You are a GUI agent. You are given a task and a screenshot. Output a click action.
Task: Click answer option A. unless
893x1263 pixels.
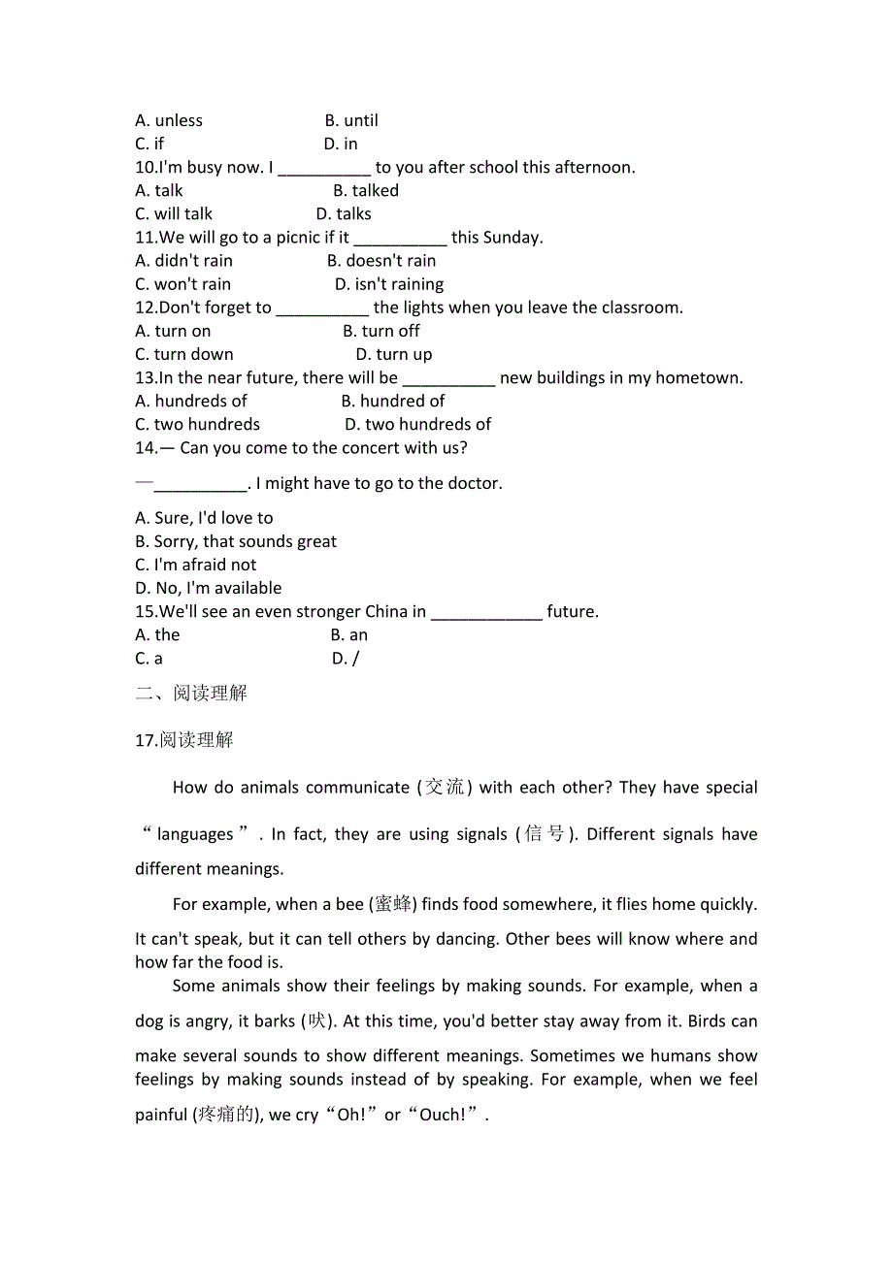tap(169, 120)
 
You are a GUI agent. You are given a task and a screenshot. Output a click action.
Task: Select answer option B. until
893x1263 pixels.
tap(351, 120)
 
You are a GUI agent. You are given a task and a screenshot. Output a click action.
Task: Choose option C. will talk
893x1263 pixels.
tap(174, 213)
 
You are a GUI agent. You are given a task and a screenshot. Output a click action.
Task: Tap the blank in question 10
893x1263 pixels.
tap(324, 168)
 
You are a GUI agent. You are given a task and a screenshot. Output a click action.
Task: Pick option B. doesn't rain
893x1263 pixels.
tap(381, 260)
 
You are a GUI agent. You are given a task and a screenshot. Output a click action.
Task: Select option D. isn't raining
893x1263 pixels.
tap(389, 284)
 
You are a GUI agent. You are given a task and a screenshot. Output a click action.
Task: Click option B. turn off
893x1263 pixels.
tap(381, 331)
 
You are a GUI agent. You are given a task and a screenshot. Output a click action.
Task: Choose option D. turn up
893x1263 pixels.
tap(394, 354)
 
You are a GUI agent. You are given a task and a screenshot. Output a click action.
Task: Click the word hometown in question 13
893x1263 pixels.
tap(699, 377)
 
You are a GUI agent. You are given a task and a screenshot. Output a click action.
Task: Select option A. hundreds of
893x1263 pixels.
tap(191, 401)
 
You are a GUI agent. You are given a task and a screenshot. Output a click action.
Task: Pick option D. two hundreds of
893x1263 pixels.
tap(417, 424)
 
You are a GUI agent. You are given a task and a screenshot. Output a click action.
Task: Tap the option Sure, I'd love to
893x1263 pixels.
tap(205, 518)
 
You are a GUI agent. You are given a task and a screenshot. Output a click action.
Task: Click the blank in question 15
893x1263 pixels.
tap(486, 612)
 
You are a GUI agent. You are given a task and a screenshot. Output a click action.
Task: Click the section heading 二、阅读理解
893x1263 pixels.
tap(191, 693)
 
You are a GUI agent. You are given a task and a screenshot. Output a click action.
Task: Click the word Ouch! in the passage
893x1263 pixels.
tap(443, 1115)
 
